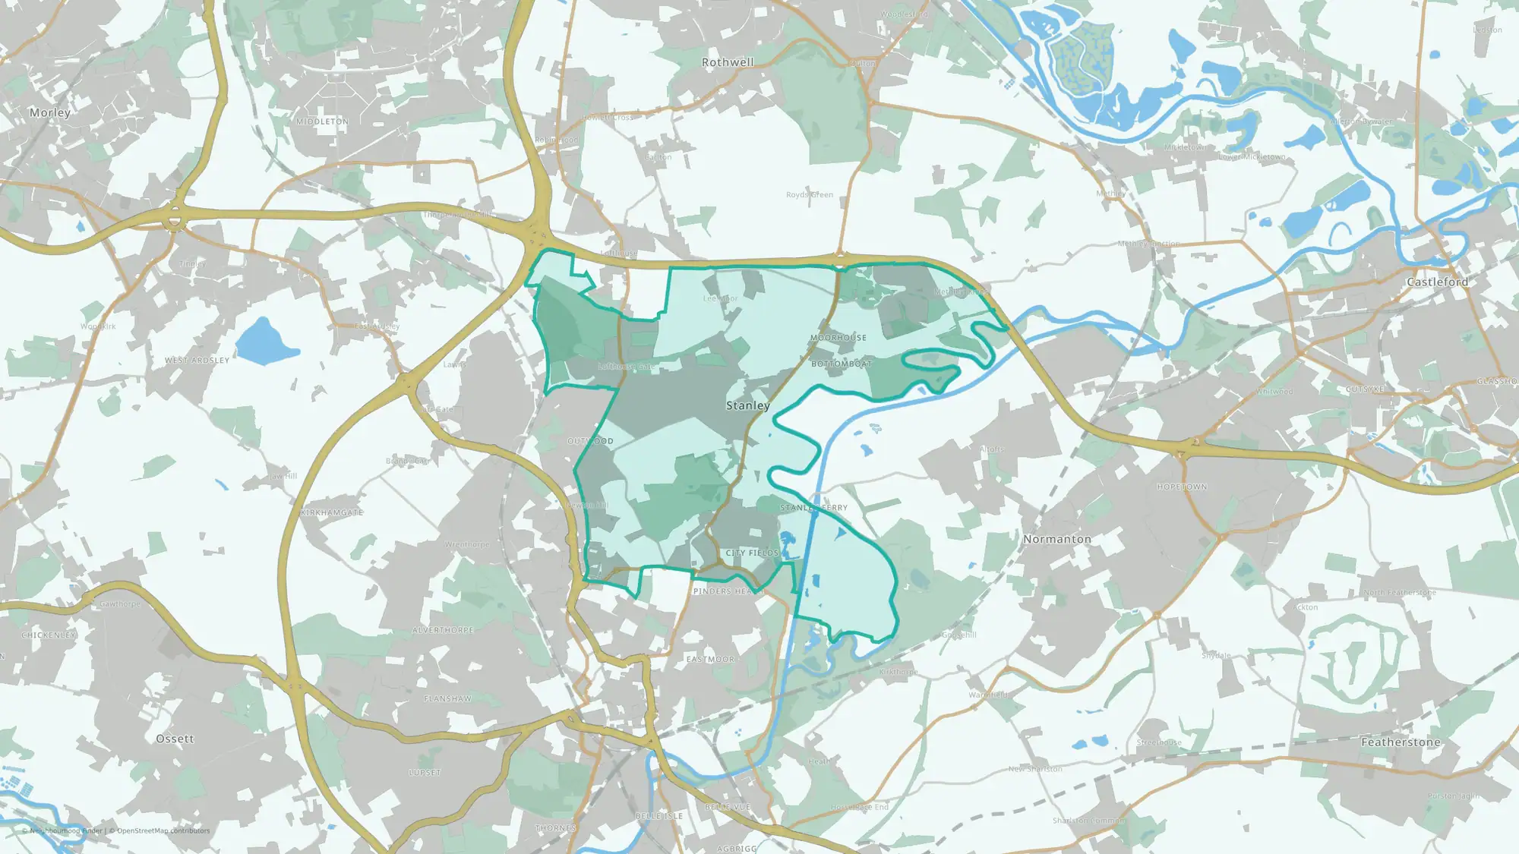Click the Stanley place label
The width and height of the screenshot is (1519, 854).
point(747,405)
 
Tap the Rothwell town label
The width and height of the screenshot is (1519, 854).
point(728,62)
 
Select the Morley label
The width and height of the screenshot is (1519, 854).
point(49,112)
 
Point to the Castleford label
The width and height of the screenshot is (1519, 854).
point(1437,282)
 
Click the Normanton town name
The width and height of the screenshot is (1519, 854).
point(1056,539)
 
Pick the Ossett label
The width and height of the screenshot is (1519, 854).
point(175,739)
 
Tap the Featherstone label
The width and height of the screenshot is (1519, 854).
point(1401,742)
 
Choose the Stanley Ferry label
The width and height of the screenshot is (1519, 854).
point(813,508)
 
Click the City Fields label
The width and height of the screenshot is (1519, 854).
point(752,553)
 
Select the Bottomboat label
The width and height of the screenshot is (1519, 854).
point(842,364)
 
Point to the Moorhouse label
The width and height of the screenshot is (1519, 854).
point(838,338)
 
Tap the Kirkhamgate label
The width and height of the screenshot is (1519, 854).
point(332,513)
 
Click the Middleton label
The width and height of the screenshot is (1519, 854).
point(322,121)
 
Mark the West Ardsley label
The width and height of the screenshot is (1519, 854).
point(197,361)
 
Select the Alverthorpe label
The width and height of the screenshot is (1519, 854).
point(443,631)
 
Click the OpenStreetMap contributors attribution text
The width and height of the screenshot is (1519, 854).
point(163,830)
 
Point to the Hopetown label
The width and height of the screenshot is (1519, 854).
point(1182,487)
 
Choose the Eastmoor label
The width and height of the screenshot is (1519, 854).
point(710,660)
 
